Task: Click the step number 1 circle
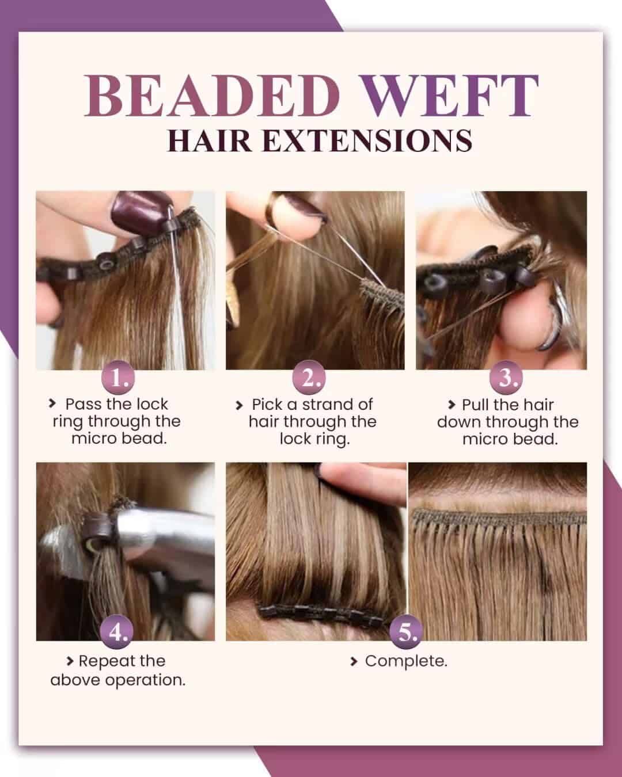[x=119, y=378]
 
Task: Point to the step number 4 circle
[x=118, y=633]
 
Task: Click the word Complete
[x=406, y=661]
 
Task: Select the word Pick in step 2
[x=268, y=404]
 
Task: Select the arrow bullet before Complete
[x=354, y=662]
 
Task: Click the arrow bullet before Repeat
[x=70, y=661]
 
